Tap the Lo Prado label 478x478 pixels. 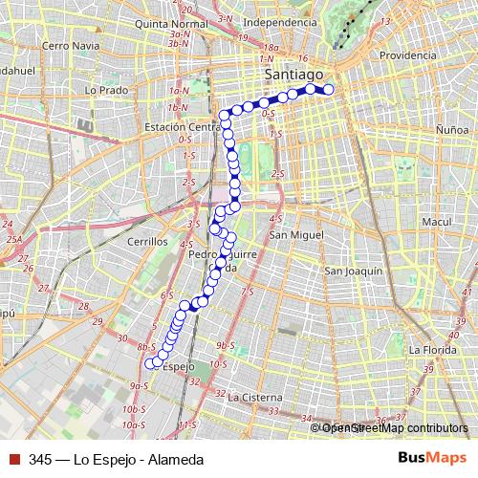pyautogui.click(x=105, y=90)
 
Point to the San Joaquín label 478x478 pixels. pyautogui.click(x=354, y=272)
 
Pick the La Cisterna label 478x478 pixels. pyautogui.click(x=255, y=397)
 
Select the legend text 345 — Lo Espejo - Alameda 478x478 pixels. pyautogui.click(x=116, y=459)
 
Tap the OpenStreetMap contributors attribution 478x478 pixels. pyautogui.click(x=389, y=428)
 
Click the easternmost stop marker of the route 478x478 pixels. pyautogui.click(x=328, y=90)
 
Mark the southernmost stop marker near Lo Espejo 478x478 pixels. pyautogui.click(x=149, y=362)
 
